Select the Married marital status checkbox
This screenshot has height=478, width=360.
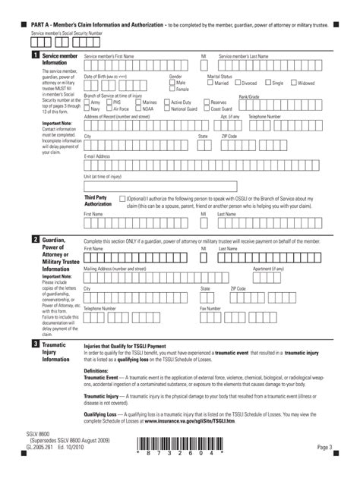click(x=210, y=83)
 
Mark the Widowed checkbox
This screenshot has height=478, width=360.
click(x=293, y=83)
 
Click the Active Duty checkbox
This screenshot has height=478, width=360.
click(x=167, y=102)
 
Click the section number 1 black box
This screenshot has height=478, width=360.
click(x=35, y=56)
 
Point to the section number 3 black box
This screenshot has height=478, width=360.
click(x=35, y=344)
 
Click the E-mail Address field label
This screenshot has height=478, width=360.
click(x=96, y=156)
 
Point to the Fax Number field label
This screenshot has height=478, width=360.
click(x=210, y=309)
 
